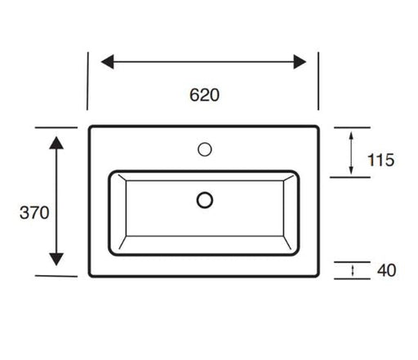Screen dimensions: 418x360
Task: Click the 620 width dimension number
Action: coord(204,95)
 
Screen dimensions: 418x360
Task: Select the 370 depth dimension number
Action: coord(34,212)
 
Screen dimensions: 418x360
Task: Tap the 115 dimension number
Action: coord(380,160)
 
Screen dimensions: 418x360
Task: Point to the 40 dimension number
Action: coord(387,270)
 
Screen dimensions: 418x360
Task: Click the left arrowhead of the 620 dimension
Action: coord(107,62)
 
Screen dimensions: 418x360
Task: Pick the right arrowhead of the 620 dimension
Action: coord(300,62)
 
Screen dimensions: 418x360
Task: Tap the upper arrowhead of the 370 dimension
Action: coord(56,143)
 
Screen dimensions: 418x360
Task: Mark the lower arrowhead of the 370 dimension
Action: coord(56,260)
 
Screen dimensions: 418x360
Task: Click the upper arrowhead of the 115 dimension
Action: coord(351,136)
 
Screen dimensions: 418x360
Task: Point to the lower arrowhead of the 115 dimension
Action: coord(351,170)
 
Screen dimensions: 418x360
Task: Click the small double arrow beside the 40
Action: coord(353,270)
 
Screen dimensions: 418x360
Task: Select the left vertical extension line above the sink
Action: coord(87,81)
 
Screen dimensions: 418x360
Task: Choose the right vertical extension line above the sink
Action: coord(318,81)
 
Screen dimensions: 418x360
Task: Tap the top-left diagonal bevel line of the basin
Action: coord(122,177)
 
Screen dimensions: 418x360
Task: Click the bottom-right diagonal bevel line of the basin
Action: coord(287,242)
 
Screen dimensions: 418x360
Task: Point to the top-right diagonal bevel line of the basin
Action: coord(289,178)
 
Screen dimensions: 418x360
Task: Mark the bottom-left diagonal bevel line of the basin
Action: coord(122,242)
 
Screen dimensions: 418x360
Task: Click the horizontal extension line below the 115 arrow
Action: coord(350,177)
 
